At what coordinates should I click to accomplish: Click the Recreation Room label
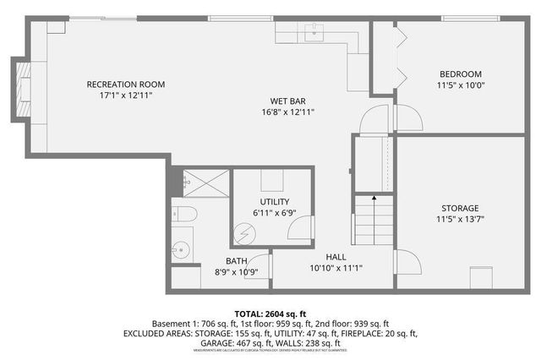point(125,85)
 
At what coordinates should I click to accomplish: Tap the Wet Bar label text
point(287,100)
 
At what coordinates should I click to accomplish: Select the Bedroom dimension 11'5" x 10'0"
point(460,85)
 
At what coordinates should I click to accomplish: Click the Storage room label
point(459,208)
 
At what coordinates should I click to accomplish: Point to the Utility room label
point(274,202)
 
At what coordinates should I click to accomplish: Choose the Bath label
point(236,261)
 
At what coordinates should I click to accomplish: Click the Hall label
point(336,257)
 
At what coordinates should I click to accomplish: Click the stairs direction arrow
point(374,198)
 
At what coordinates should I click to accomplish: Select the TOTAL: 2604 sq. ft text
point(270,312)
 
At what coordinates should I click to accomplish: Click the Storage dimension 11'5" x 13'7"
point(459,219)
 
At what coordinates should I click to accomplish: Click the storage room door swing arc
point(408,262)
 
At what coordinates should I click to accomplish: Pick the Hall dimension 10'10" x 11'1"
point(336,268)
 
